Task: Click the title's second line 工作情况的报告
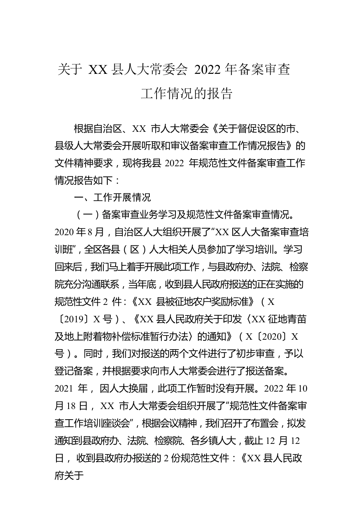click(x=186, y=94)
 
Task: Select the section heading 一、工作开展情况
click(x=112, y=198)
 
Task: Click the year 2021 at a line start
click(x=64, y=389)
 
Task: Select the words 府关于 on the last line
click(x=69, y=475)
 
